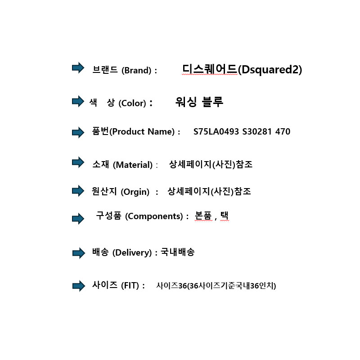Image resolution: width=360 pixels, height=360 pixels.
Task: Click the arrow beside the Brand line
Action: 78,68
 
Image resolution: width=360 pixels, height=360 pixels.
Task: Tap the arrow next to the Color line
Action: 78,101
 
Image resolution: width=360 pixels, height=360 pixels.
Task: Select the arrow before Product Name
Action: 78,132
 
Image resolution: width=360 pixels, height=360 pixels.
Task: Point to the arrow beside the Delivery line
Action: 79,253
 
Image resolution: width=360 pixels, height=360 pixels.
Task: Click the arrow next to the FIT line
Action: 79,286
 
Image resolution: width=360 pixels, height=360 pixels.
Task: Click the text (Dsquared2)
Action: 270,70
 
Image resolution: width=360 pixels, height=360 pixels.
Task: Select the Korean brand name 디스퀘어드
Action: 209,69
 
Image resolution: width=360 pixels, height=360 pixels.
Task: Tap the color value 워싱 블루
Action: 199,102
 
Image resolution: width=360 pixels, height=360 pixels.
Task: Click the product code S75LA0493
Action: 216,131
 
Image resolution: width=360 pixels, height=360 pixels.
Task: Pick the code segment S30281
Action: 257,131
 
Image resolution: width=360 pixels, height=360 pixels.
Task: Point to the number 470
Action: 283,131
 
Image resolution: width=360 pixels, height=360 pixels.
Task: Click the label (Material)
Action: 133,165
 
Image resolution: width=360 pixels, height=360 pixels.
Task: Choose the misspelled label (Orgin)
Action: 135,192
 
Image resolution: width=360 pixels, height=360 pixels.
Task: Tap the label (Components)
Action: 154,216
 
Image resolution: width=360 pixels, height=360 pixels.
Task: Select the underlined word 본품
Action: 203,216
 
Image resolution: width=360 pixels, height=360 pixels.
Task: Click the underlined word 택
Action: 224,216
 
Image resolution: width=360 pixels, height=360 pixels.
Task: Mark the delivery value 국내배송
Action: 177,252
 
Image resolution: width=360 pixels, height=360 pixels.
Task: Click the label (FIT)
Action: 130,286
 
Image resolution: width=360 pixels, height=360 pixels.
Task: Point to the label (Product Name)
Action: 142,132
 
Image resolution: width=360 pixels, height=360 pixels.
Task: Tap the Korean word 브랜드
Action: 105,70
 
